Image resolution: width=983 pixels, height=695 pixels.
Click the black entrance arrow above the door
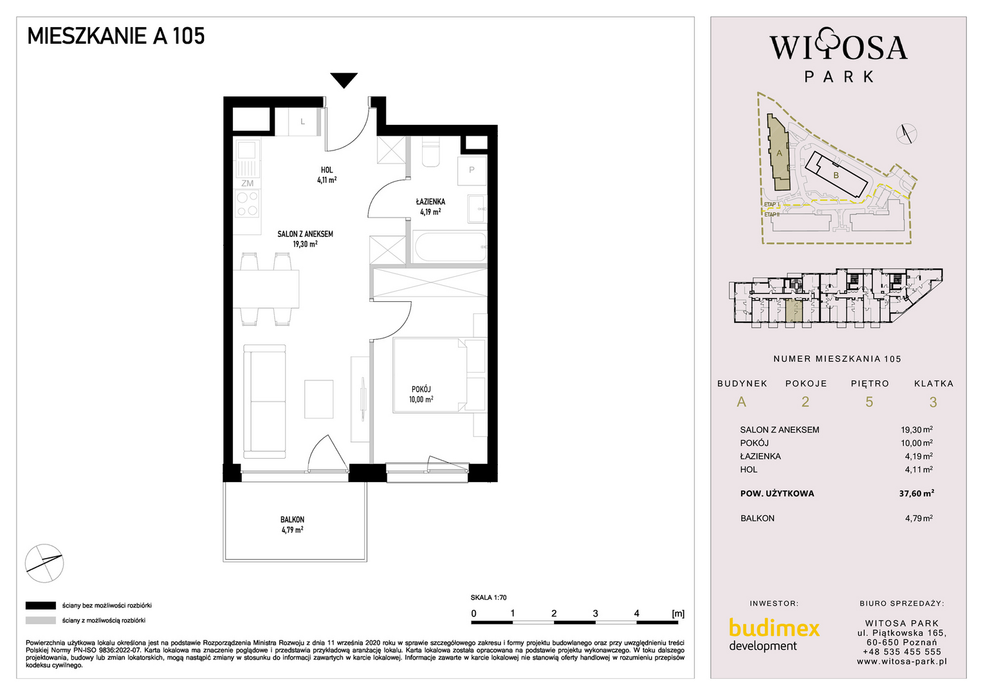tap(344, 79)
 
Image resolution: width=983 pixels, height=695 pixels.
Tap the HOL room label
tap(327, 170)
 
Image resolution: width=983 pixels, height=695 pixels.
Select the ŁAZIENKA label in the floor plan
tap(430, 202)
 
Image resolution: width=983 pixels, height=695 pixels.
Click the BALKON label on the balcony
tap(292, 520)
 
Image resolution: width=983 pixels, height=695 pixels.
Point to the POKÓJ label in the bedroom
tap(421, 389)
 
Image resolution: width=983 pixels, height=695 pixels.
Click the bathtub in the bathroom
tap(450, 247)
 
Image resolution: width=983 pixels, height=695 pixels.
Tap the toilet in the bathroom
tap(430, 151)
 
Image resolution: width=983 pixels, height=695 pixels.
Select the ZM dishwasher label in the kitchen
tap(247, 183)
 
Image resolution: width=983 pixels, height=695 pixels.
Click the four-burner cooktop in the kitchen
tap(247, 203)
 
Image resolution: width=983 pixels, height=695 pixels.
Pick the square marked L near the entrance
tap(302, 122)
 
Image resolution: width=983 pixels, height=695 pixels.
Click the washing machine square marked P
tap(472, 170)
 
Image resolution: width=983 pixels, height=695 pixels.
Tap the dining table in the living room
tap(266, 289)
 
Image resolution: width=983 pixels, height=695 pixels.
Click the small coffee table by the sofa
tap(319, 399)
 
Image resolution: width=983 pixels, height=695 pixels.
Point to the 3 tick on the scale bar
tap(596, 613)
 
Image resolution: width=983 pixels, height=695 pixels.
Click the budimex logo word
tap(774, 629)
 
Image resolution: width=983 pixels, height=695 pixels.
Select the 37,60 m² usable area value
tap(916, 493)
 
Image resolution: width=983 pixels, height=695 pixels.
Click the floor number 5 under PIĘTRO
tap(869, 402)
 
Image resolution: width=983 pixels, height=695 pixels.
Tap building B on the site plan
tap(836, 176)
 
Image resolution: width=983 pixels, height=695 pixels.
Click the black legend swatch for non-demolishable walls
tap(41, 606)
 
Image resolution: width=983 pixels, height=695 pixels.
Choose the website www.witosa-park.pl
tap(902, 662)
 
